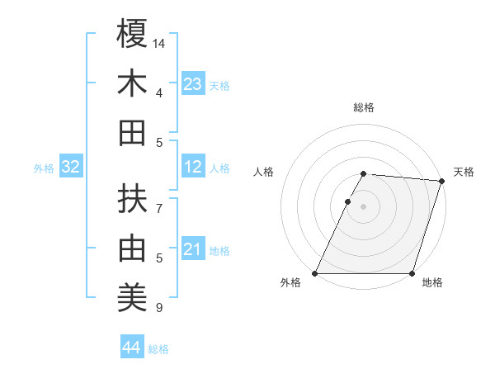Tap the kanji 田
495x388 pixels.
[132, 133]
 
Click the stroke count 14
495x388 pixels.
[159, 42]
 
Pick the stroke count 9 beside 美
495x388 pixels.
[159, 309]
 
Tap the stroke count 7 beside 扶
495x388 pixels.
[159, 208]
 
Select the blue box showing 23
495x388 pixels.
[193, 84]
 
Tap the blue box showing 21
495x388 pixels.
[193, 250]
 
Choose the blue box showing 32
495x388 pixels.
[70, 168]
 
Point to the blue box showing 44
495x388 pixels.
[131, 348]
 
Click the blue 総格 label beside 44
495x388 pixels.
[158, 349]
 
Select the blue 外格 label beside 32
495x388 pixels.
[44, 168]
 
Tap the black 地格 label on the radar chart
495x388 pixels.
[432, 283]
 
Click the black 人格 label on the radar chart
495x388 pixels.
[264, 172]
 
